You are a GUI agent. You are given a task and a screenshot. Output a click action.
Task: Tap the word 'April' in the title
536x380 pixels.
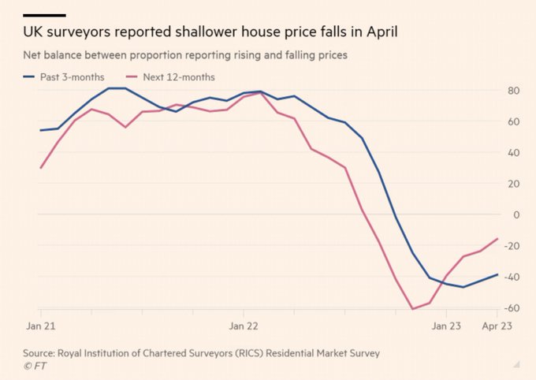[378, 33]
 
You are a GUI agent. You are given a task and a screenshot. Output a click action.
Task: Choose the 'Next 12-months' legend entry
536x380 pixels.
[179, 77]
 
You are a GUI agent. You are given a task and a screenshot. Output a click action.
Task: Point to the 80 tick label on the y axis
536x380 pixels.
[512, 91]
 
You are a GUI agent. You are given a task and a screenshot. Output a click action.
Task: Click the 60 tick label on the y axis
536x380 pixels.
[512, 121]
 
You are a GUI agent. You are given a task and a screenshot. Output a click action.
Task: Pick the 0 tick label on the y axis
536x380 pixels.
[516, 214]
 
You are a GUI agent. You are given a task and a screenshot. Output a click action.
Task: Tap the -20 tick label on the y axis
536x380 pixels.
[511, 245]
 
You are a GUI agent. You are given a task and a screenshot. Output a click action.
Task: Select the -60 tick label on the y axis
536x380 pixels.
[511, 307]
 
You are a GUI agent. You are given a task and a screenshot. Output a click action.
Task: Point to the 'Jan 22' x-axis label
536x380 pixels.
[243, 325]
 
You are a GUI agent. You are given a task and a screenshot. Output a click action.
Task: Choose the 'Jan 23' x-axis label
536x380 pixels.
[445, 325]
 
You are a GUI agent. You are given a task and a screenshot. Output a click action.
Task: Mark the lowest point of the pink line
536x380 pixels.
[412, 308]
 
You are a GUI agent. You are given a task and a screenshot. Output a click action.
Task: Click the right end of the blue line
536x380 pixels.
[497, 274]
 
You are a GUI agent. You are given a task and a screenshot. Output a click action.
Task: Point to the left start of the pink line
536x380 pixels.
[40, 168]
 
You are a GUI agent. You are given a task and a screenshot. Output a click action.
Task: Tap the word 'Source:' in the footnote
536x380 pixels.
[40, 353]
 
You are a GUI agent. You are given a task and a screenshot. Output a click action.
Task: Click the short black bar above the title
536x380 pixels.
[44, 13]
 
